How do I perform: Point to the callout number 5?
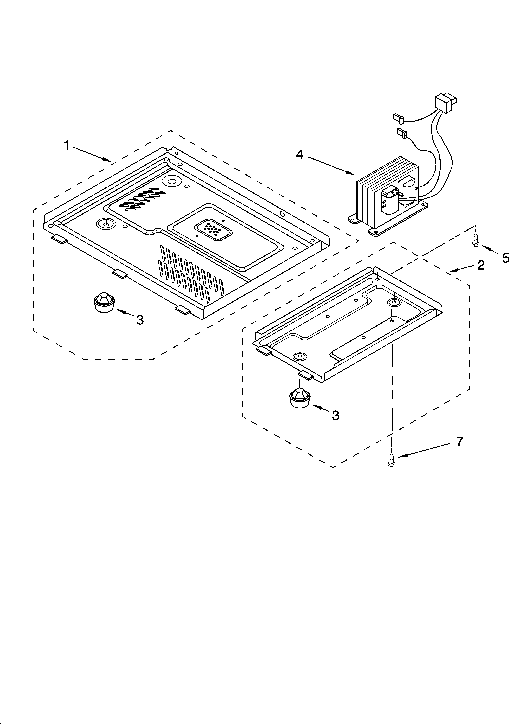506,258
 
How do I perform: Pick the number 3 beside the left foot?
140,319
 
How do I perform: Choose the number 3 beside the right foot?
335,415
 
